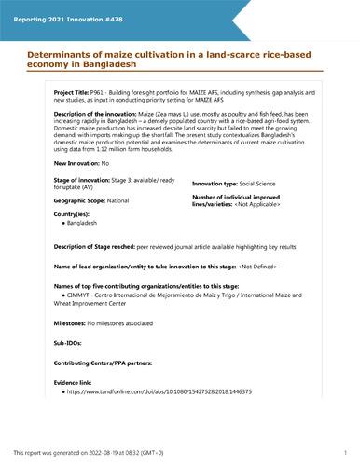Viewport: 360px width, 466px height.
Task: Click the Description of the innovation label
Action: click(94, 112)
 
